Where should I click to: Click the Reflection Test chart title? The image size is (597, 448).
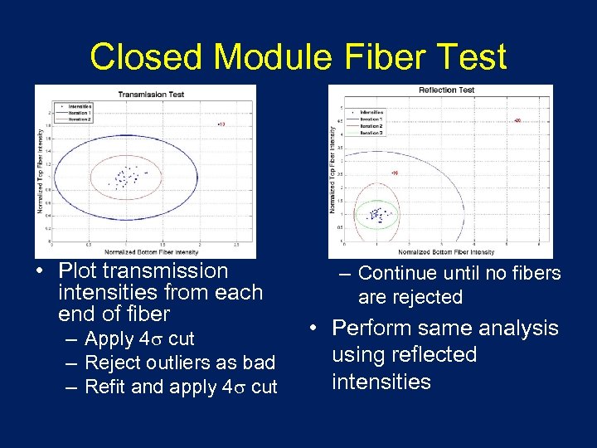446,90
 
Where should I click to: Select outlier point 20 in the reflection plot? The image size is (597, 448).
517,120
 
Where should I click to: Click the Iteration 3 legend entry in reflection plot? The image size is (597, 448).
372,132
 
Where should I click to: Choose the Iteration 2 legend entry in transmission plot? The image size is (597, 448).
80,119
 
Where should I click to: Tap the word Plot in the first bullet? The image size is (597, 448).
80,270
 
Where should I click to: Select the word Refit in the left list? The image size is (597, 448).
105,387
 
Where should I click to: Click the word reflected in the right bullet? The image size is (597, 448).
436,355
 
